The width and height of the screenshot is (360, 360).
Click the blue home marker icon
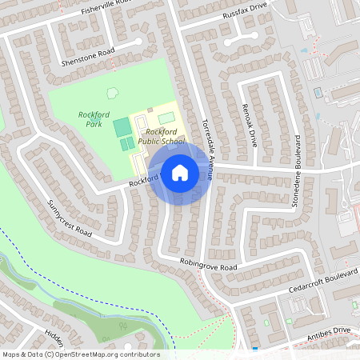click(x=180, y=172)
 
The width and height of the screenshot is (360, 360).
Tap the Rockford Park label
click(x=94, y=119)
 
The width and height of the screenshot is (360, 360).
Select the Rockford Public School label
click(x=161, y=136)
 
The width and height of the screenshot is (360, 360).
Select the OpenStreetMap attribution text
click(x=80, y=354)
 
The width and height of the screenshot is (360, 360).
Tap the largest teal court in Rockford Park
click(x=122, y=127)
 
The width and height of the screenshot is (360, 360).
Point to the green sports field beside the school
click(x=166, y=118)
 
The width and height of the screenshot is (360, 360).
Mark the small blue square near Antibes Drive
click(x=254, y=349)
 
